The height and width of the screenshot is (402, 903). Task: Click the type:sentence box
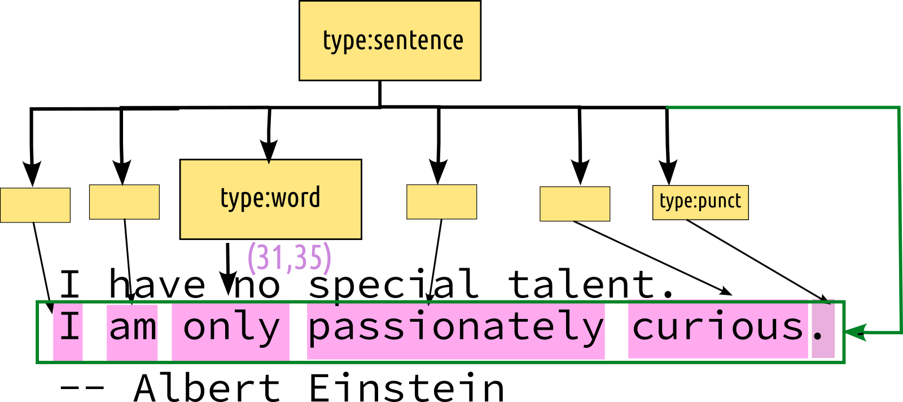coord(390,41)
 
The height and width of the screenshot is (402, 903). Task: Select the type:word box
coord(270,199)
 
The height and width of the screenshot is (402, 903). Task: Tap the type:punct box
coord(700,202)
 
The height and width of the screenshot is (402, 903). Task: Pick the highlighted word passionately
coord(455,330)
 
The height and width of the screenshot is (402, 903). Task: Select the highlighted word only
coord(231,330)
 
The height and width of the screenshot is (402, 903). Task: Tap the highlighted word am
coord(133,330)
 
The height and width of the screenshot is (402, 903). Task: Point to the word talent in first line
coord(581,284)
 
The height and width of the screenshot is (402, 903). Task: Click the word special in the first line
coord(393,284)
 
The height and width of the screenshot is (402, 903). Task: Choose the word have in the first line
coord(157,284)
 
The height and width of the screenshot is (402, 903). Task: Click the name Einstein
coord(406,388)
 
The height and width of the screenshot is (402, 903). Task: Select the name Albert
coord(207,388)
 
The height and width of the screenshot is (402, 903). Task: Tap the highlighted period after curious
coord(822,331)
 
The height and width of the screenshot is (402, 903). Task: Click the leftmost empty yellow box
coord(36,205)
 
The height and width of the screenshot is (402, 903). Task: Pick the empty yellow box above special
coord(442,202)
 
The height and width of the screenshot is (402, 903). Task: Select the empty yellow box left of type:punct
coord(575,204)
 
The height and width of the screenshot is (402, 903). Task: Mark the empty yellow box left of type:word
coord(124,202)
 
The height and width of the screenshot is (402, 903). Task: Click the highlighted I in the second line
coord(68,330)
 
